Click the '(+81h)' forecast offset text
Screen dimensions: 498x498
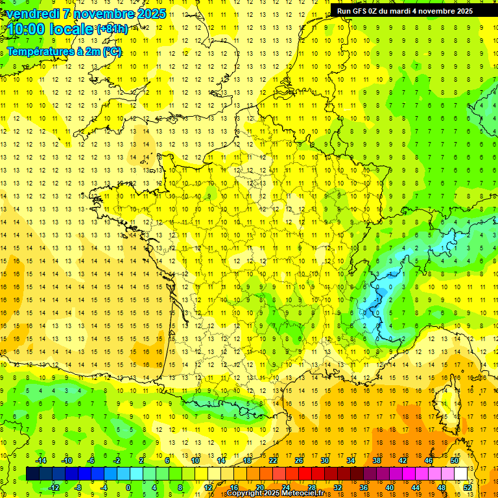coord(112,29)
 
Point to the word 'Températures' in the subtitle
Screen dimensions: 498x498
coord(39,51)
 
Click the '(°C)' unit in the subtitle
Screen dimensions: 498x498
coord(111,51)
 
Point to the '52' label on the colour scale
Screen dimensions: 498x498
coord(468,487)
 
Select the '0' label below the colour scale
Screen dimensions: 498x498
coord(129,487)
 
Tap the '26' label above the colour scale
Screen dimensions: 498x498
coord(298,460)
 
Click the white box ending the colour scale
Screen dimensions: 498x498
coord(460,473)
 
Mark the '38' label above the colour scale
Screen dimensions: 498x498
coord(376,460)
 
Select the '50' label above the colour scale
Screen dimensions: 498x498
coord(455,460)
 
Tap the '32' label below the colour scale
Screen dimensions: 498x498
coord(338,487)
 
